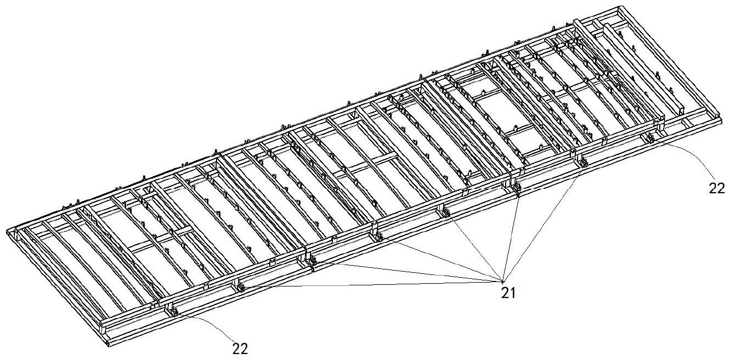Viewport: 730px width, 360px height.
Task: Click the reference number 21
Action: coord(508,293)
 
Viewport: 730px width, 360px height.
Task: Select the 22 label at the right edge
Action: coord(716,188)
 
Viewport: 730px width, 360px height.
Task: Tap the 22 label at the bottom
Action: coord(240,348)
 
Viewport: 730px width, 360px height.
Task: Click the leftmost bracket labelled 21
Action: coord(240,285)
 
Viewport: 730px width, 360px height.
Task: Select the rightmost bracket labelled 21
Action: coord(582,162)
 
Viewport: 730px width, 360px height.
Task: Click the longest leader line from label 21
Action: coord(373,283)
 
